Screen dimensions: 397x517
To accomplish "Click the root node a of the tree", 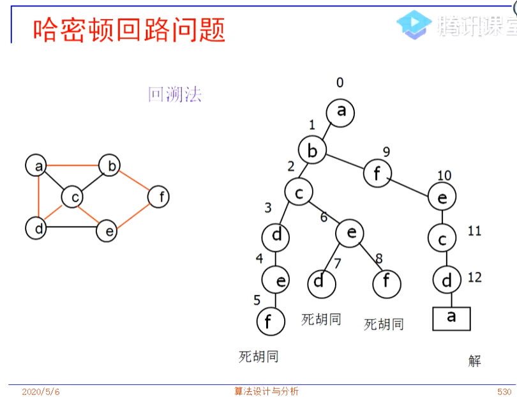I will (x=341, y=112).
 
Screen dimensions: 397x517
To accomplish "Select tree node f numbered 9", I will (x=378, y=174).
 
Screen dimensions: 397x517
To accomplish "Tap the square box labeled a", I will (x=451, y=318).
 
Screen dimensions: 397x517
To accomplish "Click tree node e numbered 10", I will (x=442, y=198).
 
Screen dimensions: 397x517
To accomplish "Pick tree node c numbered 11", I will (x=442, y=238).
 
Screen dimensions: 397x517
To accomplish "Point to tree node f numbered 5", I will (x=271, y=322).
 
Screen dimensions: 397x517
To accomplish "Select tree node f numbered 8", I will (x=386, y=283).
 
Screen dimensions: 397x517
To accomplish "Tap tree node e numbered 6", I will (x=350, y=234).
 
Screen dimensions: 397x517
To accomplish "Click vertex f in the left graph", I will (x=160, y=197).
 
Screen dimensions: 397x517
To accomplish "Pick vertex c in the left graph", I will (x=75, y=197).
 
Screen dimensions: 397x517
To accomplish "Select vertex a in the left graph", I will (x=38, y=167).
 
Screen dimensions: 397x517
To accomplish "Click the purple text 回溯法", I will (x=174, y=95).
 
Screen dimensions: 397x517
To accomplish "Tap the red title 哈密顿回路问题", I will (x=130, y=29).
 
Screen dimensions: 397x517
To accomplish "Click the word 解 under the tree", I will (x=474, y=361).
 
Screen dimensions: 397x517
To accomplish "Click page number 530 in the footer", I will (x=504, y=391).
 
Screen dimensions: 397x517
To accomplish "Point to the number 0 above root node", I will (x=340, y=82).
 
